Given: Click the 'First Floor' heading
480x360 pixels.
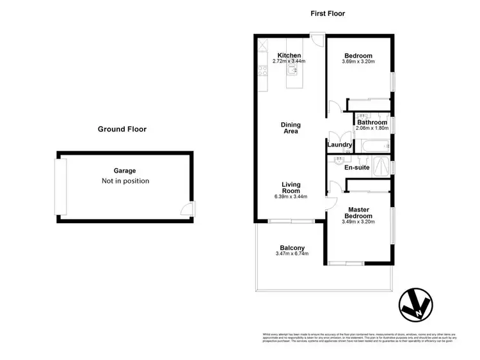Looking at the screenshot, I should coord(328,13).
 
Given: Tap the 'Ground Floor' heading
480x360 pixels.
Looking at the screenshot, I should coord(122,129).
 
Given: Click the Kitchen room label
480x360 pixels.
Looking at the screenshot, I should coord(289,56).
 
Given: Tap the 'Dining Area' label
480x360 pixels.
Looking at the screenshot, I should coord(291,128).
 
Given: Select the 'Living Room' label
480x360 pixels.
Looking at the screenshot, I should coord(291,187).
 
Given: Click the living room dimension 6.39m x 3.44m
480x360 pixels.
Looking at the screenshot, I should coord(291,196).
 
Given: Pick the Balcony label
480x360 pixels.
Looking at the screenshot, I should coord(292,248).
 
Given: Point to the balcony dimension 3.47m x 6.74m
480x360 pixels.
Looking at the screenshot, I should coord(292,254).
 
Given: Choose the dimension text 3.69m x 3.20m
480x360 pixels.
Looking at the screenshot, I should coord(358,62).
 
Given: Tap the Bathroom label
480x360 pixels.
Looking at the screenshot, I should coord(372,122).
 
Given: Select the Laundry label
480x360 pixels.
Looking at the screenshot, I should coord(339,145).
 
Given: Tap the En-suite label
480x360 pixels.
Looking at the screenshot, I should coord(357,168).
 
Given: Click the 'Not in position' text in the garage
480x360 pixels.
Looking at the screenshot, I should coord(125,181).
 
